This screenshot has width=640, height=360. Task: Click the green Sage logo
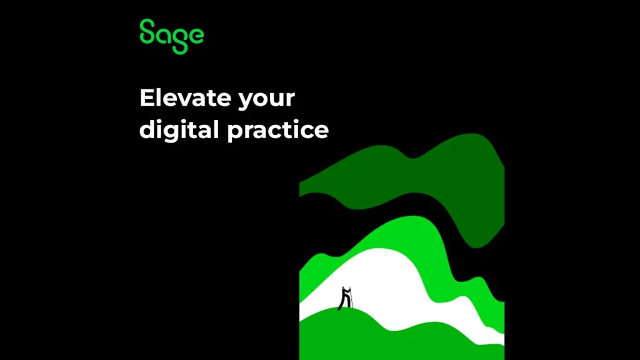(171, 36)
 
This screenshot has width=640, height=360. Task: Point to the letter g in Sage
(180, 41)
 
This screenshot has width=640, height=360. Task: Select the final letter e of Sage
(196, 35)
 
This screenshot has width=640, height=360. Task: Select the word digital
(179, 131)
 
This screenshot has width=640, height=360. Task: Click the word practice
(278, 131)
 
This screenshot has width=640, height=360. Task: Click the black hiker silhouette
(345, 298)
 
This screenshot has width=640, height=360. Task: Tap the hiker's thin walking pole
(351, 298)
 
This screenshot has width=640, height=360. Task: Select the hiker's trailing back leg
(341, 304)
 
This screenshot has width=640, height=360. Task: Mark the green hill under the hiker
(367, 335)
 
